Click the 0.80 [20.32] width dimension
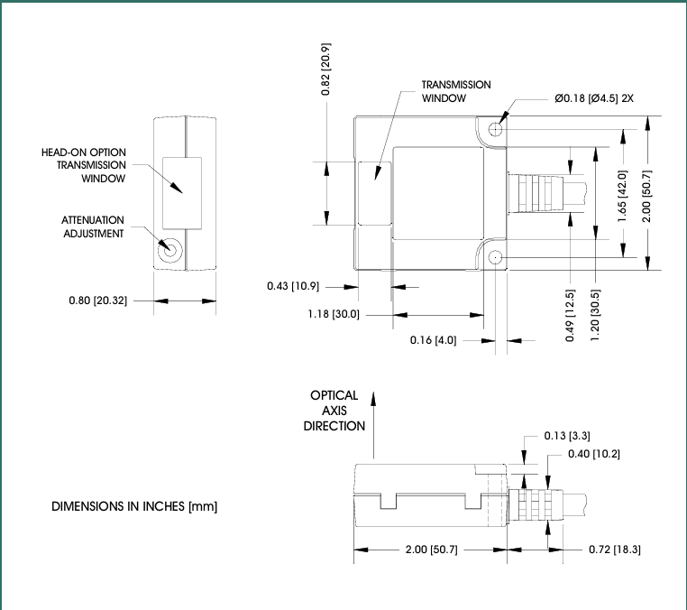(97, 300)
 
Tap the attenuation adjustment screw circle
(169, 250)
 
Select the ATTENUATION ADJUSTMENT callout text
(93, 226)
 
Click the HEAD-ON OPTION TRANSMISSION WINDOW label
(83, 165)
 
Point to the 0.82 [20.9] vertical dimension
(325, 69)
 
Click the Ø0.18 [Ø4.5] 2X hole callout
(593, 98)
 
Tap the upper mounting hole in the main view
(496, 129)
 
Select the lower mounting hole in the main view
(496, 257)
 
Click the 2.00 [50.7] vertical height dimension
(647, 196)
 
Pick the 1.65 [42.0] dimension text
(622, 196)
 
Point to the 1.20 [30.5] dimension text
(595, 315)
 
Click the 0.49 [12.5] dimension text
(570, 315)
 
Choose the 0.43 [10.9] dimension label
(293, 286)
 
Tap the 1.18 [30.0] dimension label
(334, 314)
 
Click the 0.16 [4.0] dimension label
(433, 340)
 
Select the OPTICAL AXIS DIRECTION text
(334, 411)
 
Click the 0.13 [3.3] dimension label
(567, 436)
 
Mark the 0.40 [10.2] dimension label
(594, 454)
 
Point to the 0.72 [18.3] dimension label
(615, 550)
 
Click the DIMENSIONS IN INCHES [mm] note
(134, 506)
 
